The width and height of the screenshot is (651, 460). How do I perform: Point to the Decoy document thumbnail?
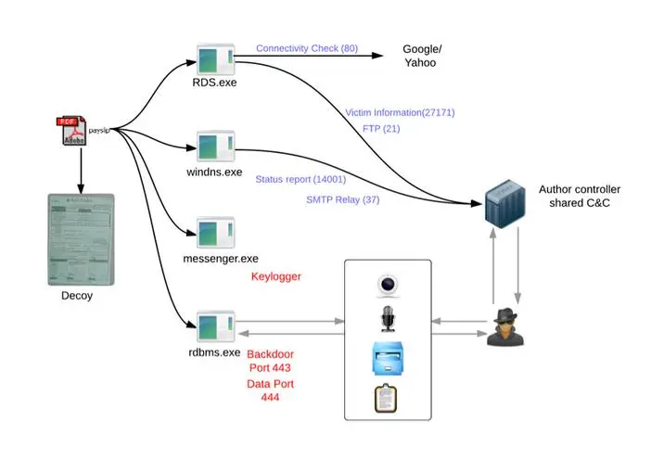pyautogui.click(x=80, y=239)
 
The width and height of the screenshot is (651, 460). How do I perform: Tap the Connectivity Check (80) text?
pyautogui.click(x=307, y=47)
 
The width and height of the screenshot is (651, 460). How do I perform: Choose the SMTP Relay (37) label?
pyautogui.click(x=343, y=199)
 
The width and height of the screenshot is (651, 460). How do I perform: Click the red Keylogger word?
pyautogui.click(x=277, y=276)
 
